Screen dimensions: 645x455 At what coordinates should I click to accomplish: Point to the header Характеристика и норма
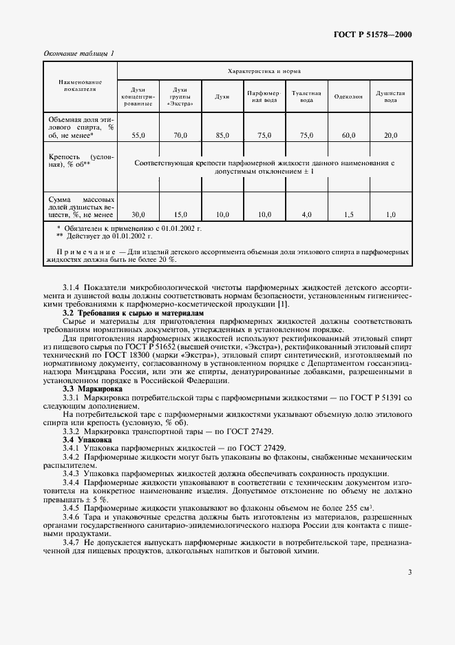(x=264, y=71)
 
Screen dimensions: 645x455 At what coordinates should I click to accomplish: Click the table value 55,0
(x=138, y=136)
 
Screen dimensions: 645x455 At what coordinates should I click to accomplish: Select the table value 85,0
(x=222, y=136)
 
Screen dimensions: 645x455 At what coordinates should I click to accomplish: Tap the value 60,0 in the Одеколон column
(x=348, y=136)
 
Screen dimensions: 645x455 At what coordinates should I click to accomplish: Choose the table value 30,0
(x=138, y=214)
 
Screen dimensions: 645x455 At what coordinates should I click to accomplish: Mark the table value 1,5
(x=348, y=214)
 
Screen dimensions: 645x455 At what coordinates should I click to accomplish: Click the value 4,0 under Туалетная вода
(x=306, y=214)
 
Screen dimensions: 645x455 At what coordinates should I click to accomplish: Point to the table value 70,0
(x=180, y=136)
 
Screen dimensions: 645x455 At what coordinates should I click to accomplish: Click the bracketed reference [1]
(x=284, y=305)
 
